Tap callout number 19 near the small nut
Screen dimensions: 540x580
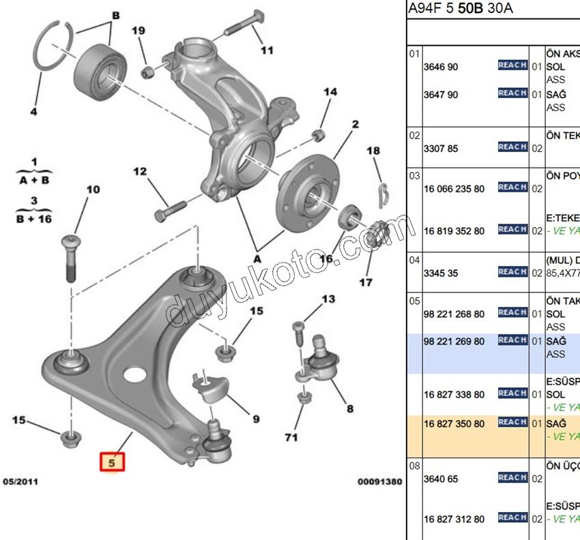[x=139, y=31]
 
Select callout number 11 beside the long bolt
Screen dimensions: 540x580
[x=267, y=50]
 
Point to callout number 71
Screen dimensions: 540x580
[x=291, y=437]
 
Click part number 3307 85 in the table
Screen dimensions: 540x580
[x=441, y=148]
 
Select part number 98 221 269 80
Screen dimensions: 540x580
[x=454, y=341]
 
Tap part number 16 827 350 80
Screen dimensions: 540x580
[x=454, y=423]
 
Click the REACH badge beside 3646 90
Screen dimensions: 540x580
[x=512, y=65]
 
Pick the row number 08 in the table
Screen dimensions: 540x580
[x=414, y=466]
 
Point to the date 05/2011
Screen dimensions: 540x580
[x=20, y=481]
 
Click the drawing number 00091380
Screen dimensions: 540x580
[x=379, y=481]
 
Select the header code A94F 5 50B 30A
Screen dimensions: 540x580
[x=460, y=8]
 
